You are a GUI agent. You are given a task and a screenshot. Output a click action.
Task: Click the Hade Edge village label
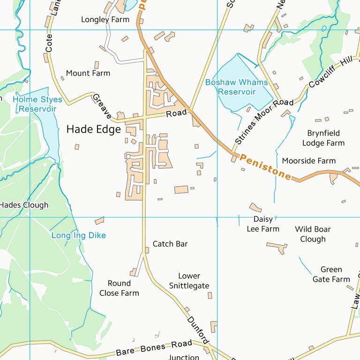pos(94,129)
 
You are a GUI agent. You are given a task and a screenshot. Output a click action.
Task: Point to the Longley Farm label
pos(105,20)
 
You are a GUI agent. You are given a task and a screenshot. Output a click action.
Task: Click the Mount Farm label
pos(88,73)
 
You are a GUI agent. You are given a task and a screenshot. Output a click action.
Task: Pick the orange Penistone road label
pos(265,166)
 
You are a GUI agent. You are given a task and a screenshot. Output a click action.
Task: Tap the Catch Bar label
pos(170,244)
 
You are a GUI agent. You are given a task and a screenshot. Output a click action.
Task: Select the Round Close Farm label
pos(119,288)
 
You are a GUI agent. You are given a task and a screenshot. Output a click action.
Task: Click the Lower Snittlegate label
pos(189,281)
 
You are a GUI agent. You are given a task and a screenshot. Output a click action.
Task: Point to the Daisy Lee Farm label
pos(263,224)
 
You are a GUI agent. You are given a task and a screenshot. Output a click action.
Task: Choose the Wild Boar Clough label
pos(313,234)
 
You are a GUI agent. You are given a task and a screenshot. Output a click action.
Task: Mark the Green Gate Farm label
pos(331,274)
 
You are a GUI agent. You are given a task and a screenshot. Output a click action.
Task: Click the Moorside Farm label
pos(308,161)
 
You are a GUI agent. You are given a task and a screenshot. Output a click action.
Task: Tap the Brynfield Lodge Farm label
pos(323,138)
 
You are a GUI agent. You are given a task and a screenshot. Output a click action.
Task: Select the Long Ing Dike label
pos(78,235)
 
